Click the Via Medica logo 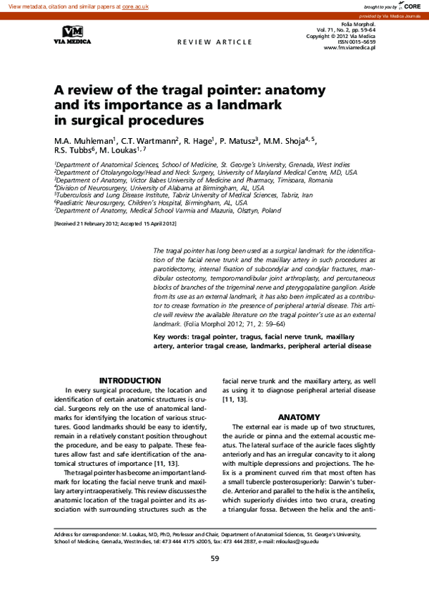[72, 34]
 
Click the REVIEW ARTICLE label [214, 42]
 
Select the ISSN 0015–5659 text [357, 42]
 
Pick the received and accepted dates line [114, 224]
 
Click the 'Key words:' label [172, 336]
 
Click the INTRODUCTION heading [129, 380]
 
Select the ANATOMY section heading [299, 417]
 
